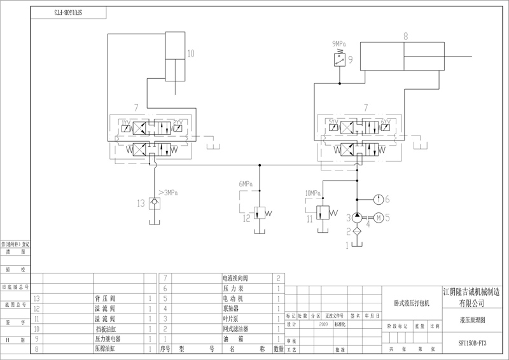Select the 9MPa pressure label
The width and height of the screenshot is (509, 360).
tap(341, 44)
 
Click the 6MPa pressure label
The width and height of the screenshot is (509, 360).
tap(246, 184)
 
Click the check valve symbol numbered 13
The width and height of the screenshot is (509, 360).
tap(153, 204)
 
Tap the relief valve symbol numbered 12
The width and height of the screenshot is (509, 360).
tap(260, 212)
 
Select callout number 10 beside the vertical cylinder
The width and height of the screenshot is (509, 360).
tap(191, 53)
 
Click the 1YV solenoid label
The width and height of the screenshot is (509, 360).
tap(126, 121)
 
